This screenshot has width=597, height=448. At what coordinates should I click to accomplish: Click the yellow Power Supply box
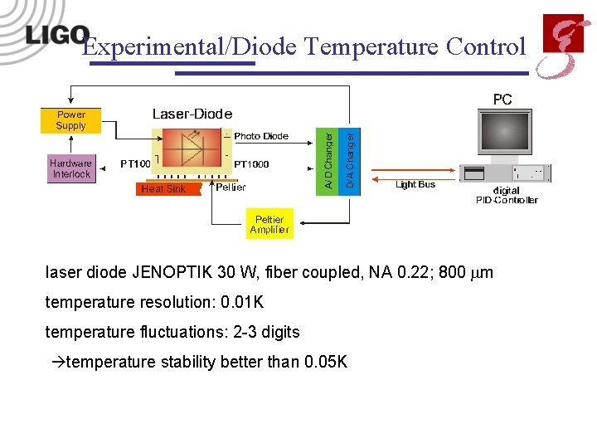point(70,120)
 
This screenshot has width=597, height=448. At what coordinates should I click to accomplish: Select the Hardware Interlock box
point(70,168)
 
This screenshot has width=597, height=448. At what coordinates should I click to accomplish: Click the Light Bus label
point(415,184)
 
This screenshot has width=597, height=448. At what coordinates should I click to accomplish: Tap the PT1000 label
point(251,164)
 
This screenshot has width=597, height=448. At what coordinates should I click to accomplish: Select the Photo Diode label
point(261,136)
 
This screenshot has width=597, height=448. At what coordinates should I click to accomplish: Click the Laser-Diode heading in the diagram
point(192,114)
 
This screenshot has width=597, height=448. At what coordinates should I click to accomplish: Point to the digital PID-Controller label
point(507,195)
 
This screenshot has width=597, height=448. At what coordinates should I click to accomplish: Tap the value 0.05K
point(326,363)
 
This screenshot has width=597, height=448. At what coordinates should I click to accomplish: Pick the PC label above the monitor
point(502,100)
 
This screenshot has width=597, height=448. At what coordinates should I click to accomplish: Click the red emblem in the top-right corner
point(561,46)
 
